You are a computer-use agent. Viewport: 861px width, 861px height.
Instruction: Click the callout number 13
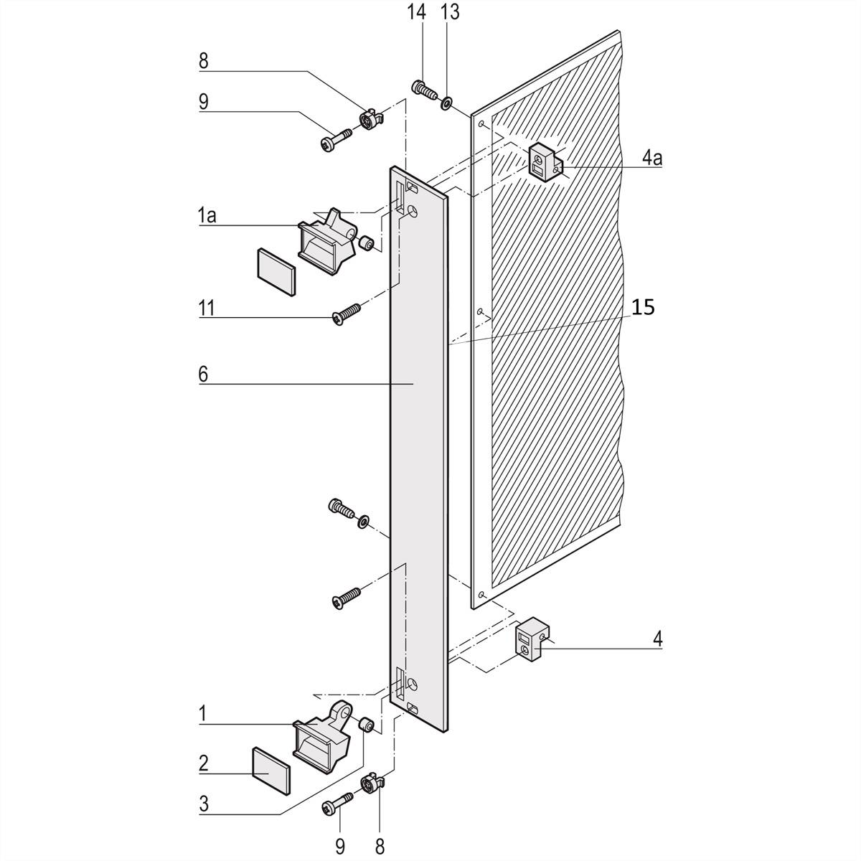450,13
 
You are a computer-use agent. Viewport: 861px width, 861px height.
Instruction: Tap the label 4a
652,157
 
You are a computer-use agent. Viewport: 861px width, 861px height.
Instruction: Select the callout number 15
644,307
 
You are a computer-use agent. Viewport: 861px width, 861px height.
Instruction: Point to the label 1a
207,215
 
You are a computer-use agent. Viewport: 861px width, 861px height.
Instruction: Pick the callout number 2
204,762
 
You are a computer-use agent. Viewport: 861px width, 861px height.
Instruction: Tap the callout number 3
204,804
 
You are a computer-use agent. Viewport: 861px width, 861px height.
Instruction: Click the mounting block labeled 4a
545,161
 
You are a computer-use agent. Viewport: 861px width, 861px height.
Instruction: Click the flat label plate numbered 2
272,771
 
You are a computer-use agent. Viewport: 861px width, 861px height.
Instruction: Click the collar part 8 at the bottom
372,783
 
